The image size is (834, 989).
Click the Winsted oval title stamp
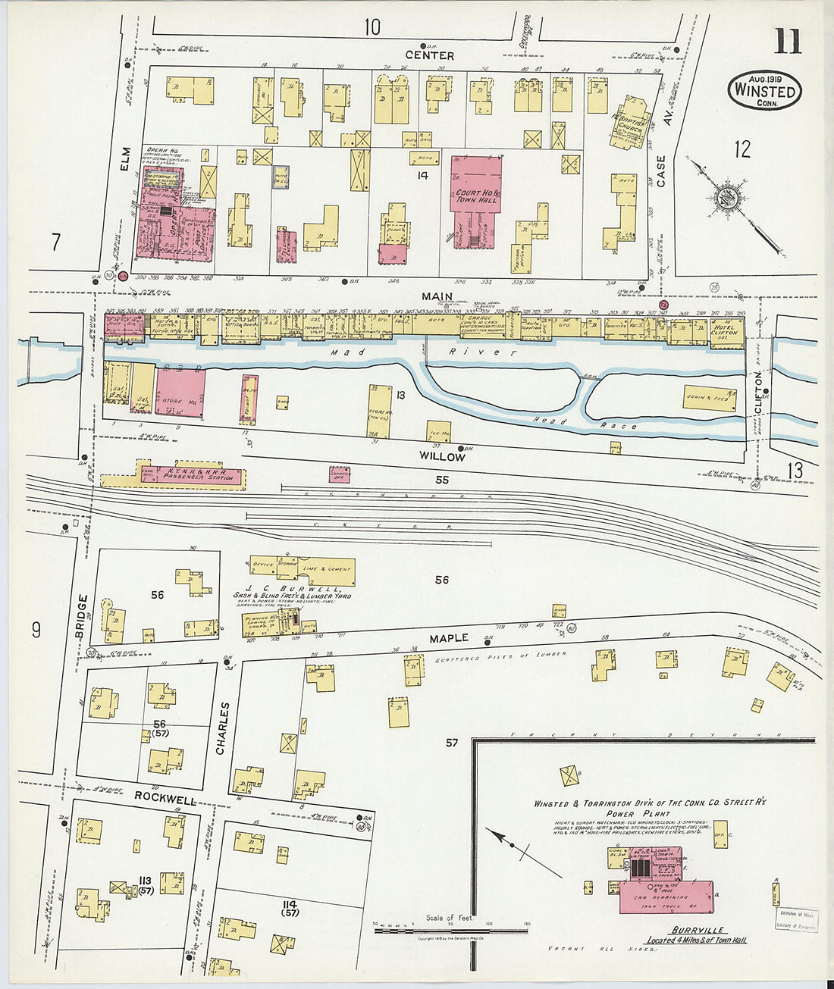764,91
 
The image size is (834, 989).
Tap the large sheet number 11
787,41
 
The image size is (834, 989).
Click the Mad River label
425,352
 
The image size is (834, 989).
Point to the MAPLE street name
450,638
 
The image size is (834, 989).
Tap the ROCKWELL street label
165,798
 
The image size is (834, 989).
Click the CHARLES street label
222,728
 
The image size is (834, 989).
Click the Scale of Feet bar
450,930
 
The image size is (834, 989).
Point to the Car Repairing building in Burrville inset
666,897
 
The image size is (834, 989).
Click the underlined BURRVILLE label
697,930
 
